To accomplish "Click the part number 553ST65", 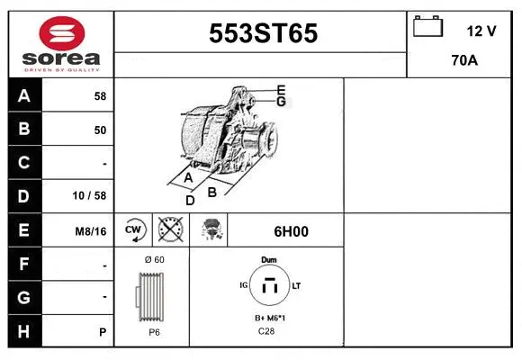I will [x=263, y=34].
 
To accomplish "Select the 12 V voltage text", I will [x=481, y=31].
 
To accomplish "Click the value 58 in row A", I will [x=100, y=95].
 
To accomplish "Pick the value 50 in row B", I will [x=100, y=130].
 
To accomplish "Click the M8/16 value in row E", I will [x=92, y=231].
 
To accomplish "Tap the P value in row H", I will [x=103, y=332].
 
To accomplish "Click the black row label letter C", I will [x=24, y=163].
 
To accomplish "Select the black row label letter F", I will [x=24, y=265].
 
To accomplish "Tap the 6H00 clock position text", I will [x=291, y=231].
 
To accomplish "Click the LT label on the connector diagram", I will [x=296, y=285].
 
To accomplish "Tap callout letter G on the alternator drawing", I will [x=281, y=102].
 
